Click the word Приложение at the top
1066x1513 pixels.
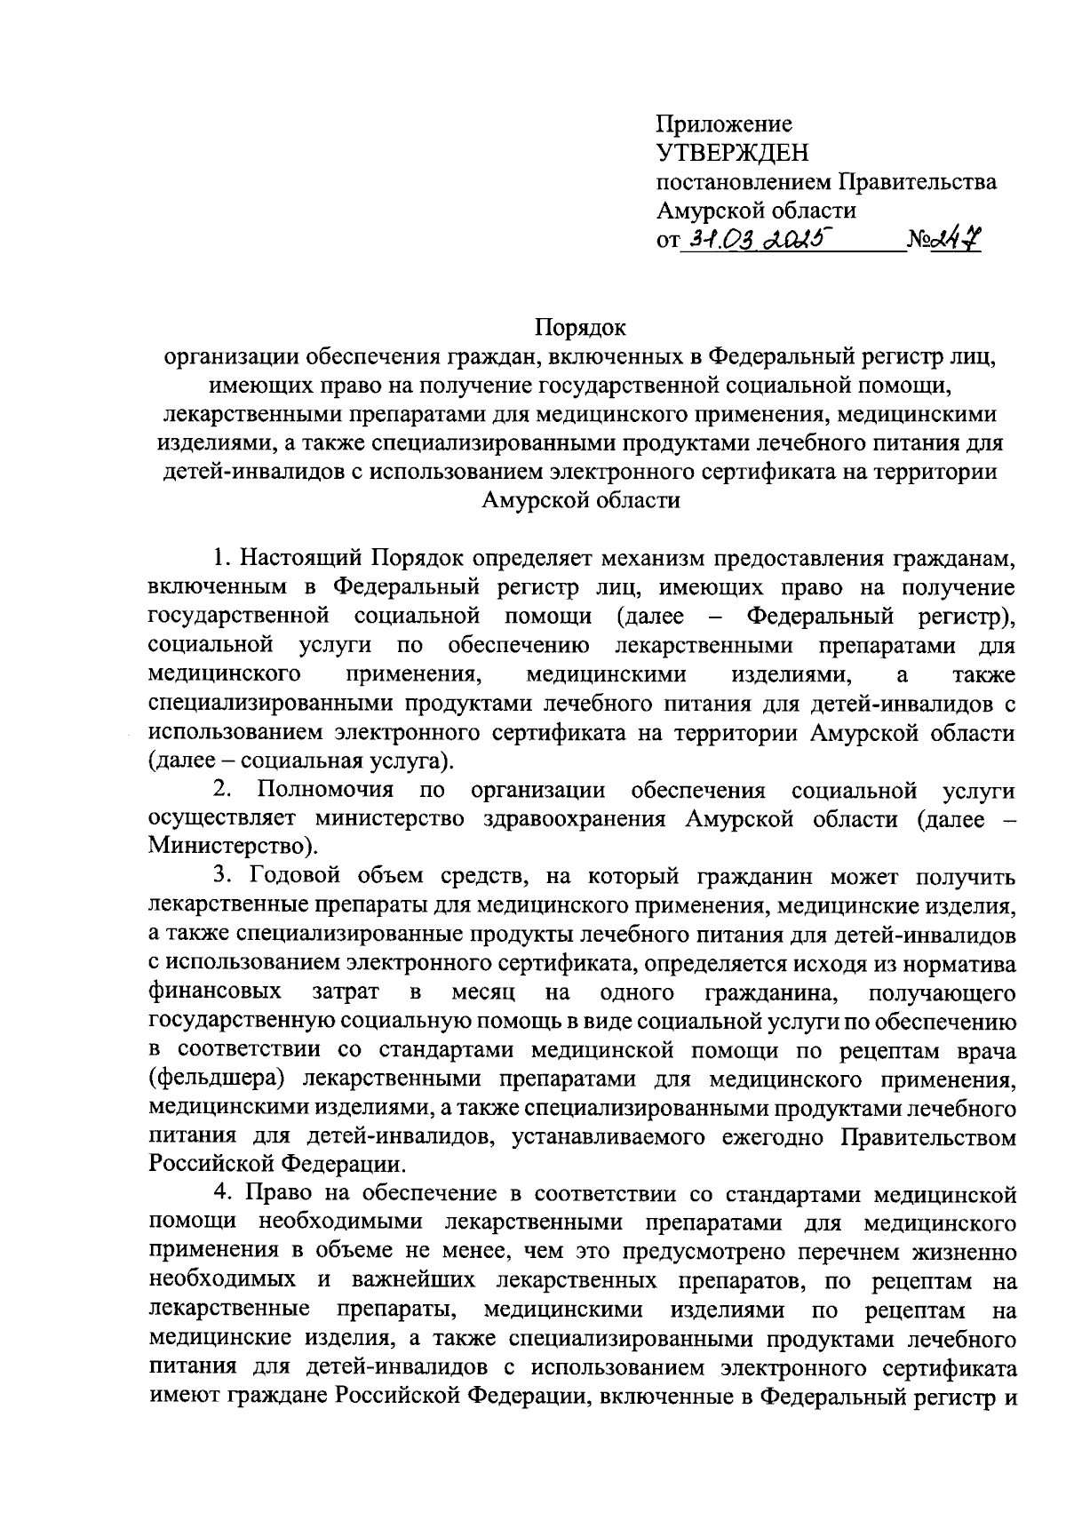(724, 124)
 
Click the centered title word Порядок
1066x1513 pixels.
(581, 328)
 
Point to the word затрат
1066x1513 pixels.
(346, 991)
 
